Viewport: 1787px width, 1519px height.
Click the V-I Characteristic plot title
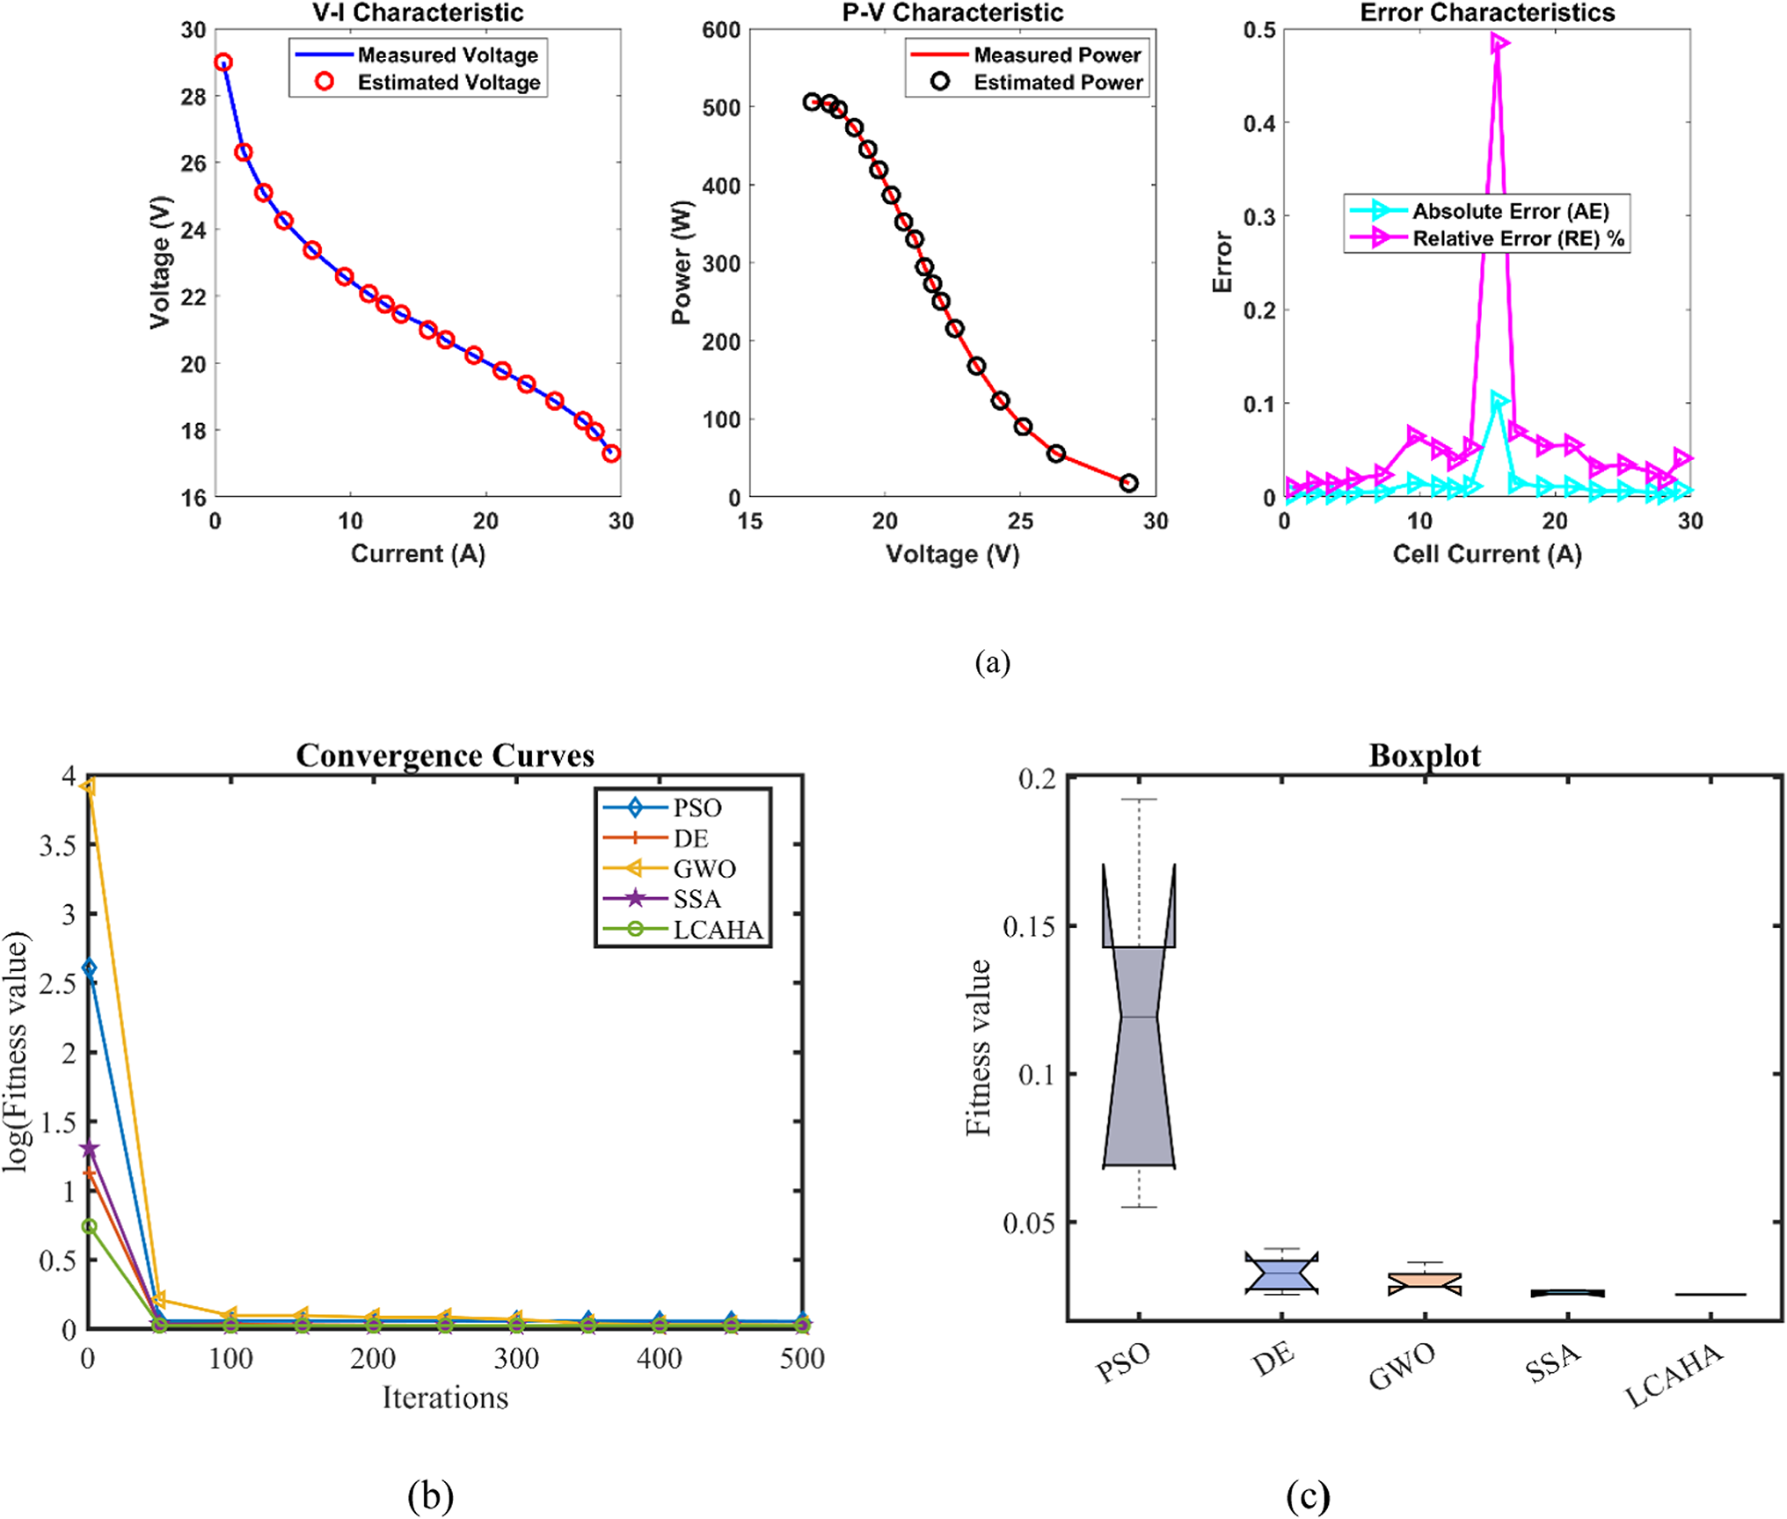click(x=418, y=12)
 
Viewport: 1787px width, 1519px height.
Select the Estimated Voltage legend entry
click(x=449, y=82)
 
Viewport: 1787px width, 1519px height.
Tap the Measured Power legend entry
click(x=1056, y=55)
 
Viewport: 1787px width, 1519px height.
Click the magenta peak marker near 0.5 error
click(x=1499, y=43)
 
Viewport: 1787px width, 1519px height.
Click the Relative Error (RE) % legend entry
click(x=1517, y=238)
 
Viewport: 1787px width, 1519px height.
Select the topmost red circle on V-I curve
click(x=223, y=62)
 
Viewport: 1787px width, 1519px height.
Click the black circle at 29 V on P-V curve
click(x=1129, y=483)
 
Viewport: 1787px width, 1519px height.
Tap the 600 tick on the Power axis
click(x=721, y=30)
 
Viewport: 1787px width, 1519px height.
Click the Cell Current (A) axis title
click(x=1486, y=554)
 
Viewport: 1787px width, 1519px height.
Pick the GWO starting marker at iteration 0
click(x=88, y=786)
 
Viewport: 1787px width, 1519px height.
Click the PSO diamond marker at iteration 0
click(x=88, y=968)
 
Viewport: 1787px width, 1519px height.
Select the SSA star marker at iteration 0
click(x=89, y=1149)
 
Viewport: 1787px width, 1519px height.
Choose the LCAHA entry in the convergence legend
click(x=717, y=930)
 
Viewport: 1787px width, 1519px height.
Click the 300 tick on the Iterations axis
click(x=516, y=1359)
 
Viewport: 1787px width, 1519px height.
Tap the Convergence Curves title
click(x=445, y=756)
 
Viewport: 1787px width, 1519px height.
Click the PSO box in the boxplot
click(x=1139, y=1055)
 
